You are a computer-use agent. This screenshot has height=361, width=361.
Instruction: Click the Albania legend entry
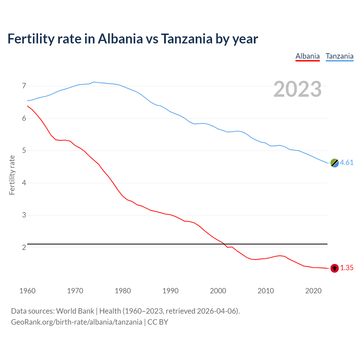coord(307,56)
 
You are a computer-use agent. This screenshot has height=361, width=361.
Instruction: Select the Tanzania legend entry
coord(340,56)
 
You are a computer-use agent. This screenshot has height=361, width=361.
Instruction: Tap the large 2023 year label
coord(298,89)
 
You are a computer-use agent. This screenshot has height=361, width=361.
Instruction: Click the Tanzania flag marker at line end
coord(334,163)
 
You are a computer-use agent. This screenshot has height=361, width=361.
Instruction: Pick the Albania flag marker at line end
coord(334,268)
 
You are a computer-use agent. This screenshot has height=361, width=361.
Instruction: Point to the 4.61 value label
coord(347,163)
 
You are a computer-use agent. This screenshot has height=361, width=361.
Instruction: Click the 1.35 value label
coord(347,268)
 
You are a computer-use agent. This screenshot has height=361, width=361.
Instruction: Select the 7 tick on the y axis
coord(24,86)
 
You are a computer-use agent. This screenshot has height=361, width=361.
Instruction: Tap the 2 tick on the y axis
coord(24,248)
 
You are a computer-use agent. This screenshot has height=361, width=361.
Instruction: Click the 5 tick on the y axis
coord(24,151)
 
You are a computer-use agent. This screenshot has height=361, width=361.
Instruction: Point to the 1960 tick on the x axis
coord(27,291)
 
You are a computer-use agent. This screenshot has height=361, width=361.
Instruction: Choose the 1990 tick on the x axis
coord(170,291)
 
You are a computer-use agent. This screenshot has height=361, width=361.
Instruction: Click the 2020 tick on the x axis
coord(313,291)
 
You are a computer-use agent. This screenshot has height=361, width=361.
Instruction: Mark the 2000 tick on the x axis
coord(218,291)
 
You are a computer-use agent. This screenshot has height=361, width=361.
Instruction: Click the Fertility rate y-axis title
coord(12,175)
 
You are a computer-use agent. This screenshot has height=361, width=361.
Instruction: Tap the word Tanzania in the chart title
coord(187,39)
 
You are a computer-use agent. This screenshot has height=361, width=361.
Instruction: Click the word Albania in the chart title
coord(120,39)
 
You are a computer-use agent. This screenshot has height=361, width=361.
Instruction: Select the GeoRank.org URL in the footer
coord(76,322)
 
